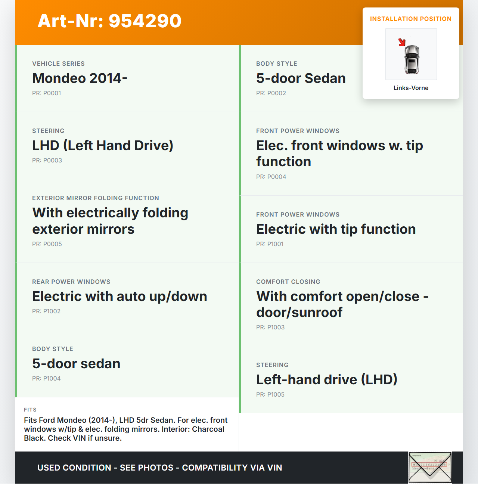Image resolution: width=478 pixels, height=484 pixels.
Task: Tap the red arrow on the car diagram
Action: point(402,42)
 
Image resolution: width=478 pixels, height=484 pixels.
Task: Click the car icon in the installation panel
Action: point(412,59)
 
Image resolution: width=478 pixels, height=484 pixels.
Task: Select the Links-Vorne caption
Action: point(411,88)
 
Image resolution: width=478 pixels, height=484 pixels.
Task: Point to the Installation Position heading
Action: point(411,19)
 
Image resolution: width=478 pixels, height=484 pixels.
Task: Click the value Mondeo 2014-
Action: point(80,78)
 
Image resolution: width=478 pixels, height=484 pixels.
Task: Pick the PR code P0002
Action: point(271,93)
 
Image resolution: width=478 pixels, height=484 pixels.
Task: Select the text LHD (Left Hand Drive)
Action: point(103,146)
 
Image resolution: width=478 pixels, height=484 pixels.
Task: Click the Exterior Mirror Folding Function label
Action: point(96,198)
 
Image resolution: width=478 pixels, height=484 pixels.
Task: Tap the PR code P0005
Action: point(47,244)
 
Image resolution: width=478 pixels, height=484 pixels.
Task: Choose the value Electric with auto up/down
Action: point(119,297)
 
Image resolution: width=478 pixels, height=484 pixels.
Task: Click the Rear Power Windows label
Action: point(71,282)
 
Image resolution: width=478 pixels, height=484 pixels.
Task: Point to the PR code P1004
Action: point(46,379)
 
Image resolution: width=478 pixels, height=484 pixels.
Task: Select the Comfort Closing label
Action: point(288,282)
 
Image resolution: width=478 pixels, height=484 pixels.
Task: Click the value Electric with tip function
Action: point(336,229)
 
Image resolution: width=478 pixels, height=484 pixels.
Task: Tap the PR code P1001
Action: point(270,244)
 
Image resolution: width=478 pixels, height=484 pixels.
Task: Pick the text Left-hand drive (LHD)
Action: point(327,380)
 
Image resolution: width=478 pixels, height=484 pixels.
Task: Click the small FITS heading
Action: point(30,410)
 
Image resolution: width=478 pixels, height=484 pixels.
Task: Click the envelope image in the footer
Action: point(430,468)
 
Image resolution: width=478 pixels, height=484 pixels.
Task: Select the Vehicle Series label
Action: point(58,64)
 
